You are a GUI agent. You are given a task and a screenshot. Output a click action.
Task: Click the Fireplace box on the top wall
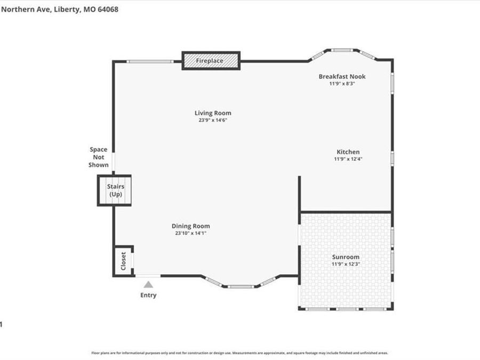click(211, 61)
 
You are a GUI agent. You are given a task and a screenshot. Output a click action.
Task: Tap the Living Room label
click(213, 113)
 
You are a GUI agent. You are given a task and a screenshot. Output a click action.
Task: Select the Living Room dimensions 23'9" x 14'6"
click(213, 121)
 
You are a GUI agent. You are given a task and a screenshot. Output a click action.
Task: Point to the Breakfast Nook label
click(342, 76)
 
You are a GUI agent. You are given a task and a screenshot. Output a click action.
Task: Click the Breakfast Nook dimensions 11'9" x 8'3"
click(342, 84)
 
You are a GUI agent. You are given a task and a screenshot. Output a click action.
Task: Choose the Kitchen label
click(348, 152)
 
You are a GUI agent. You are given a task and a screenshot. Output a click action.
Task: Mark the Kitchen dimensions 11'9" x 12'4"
click(348, 159)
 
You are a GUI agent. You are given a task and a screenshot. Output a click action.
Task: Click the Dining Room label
click(190, 226)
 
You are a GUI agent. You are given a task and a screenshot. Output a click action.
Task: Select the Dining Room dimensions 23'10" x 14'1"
click(190, 233)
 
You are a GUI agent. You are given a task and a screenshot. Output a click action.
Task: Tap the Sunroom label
click(346, 257)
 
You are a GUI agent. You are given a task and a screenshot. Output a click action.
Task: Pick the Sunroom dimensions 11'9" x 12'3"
click(346, 264)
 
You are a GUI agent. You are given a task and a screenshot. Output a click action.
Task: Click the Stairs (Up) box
click(115, 190)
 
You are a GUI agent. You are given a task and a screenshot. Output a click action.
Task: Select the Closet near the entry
click(123, 261)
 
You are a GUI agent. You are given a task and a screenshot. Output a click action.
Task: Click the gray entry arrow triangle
click(148, 285)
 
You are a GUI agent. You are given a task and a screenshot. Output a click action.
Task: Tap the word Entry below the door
click(148, 295)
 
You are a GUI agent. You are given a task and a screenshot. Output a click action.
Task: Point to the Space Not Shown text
click(99, 157)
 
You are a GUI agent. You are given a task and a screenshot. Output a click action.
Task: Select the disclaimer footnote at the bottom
click(239, 353)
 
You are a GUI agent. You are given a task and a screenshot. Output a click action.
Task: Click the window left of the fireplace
click(150, 61)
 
